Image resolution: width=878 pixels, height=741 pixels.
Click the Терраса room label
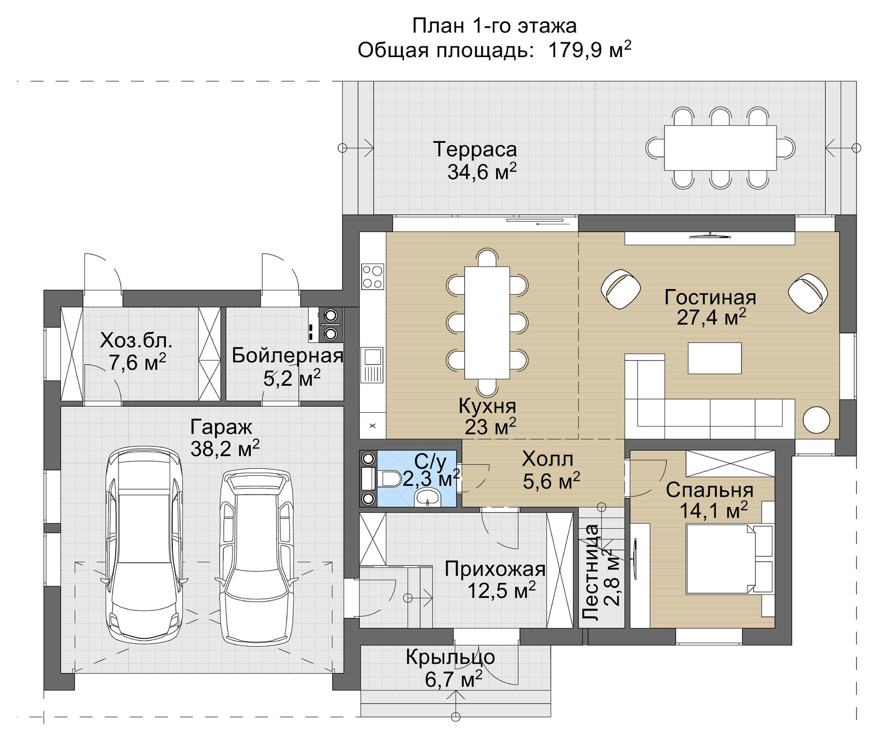475,149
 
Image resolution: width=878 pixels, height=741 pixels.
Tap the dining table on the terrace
720,148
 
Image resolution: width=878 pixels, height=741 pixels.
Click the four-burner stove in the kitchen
373,277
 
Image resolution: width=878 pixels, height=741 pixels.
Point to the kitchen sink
373,364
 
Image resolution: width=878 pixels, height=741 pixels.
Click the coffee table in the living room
714,358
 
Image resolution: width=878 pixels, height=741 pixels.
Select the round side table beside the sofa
817,420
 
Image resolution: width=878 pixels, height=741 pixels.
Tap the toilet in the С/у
387,479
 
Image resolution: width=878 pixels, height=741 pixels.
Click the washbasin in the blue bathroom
426,498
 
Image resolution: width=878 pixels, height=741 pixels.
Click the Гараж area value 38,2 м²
225,448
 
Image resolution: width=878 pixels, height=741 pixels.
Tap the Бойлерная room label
287,356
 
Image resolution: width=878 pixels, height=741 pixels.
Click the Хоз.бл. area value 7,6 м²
137,362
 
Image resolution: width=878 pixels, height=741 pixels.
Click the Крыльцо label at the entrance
450,657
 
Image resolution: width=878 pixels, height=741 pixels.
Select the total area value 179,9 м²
589,50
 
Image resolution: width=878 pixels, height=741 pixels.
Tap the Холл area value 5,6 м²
551,481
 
